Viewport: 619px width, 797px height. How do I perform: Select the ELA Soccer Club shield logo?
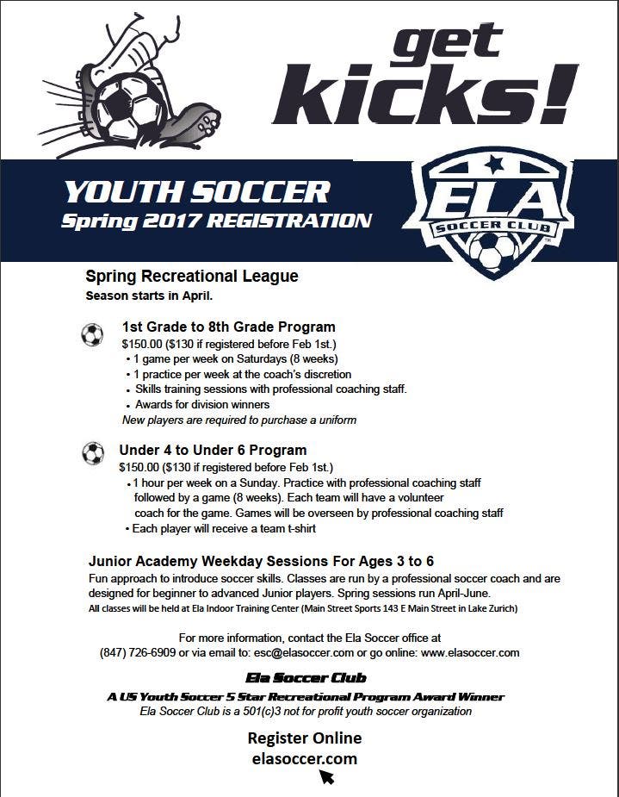coord(489,215)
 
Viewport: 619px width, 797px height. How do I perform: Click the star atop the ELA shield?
coord(494,164)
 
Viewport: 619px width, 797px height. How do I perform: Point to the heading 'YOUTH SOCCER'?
coord(196,191)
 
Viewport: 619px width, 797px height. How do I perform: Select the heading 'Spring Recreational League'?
coord(192,277)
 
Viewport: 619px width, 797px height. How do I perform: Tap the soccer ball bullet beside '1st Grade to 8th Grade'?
coord(92,335)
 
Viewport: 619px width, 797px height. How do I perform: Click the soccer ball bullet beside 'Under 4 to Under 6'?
coord(92,453)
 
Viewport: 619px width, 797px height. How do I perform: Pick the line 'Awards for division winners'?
coord(202,404)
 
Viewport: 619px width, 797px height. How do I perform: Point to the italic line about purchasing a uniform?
coord(239,420)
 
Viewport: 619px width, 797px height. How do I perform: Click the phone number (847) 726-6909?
coord(138,653)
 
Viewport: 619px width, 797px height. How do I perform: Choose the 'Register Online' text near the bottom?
coord(305,738)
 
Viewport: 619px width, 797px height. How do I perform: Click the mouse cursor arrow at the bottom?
coord(326,777)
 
